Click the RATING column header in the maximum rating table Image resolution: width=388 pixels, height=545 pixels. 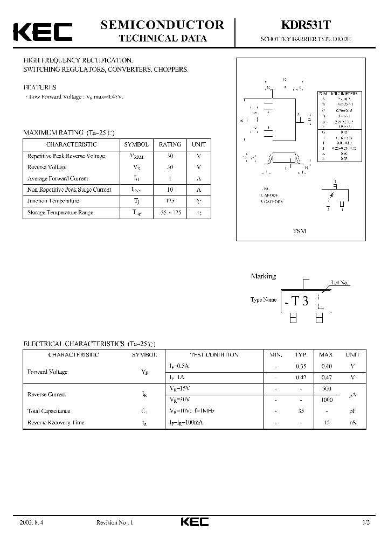(x=170, y=144)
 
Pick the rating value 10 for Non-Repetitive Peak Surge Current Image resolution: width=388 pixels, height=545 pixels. (x=170, y=190)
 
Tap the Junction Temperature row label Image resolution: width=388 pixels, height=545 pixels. (x=53, y=201)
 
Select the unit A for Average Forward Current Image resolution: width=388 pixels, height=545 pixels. (x=198, y=178)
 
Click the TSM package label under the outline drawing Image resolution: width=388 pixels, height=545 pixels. (x=299, y=231)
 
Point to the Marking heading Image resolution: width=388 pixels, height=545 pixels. (x=263, y=276)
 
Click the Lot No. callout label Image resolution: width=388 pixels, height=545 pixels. (x=340, y=282)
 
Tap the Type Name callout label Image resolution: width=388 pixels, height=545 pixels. (x=264, y=299)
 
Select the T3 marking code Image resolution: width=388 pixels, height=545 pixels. (x=300, y=301)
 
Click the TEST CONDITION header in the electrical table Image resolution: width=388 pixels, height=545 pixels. (x=214, y=355)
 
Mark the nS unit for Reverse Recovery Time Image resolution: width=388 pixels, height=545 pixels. (x=352, y=423)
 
